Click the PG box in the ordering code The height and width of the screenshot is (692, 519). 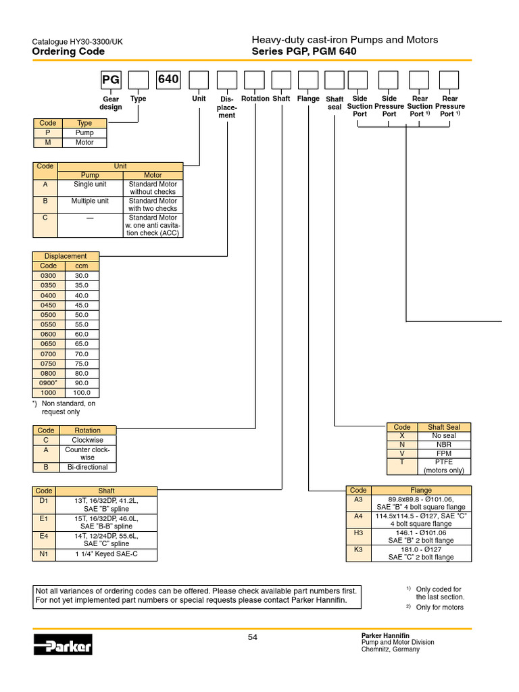tap(109, 80)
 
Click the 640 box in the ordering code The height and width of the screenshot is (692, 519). tap(168, 80)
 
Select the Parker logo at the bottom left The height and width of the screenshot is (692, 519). tap(63, 644)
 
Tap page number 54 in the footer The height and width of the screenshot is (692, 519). tap(253, 637)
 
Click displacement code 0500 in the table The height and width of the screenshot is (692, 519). tap(49, 315)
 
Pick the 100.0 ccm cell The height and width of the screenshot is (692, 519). tap(82, 393)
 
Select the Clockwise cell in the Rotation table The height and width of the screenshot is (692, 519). tap(87, 439)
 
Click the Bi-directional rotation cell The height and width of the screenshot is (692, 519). tap(87, 467)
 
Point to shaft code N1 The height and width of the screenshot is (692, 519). tap(44, 555)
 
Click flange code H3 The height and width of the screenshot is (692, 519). tap(358, 533)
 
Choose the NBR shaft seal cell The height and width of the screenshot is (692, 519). tap(444, 445)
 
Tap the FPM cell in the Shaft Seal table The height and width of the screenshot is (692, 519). tap(444, 453)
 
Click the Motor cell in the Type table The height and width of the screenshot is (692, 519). tap(84, 143)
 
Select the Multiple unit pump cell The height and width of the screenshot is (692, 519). tap(90, 201)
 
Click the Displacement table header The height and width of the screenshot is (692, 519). tap(66, 256)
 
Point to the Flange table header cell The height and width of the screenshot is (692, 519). tap(421, 490)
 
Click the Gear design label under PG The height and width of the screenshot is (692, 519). tap(111, 103)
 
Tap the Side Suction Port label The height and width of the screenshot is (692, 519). tap(360, 106)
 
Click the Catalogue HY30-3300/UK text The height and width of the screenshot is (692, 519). tap(78, 42)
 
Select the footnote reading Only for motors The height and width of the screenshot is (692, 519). tap(439, 608)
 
